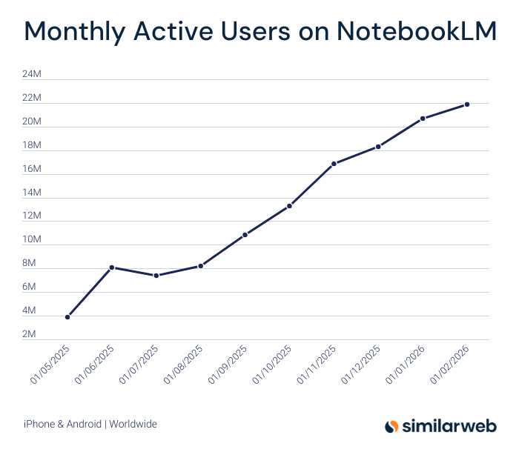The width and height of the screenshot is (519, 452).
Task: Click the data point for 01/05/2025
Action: click(x=67, y=317)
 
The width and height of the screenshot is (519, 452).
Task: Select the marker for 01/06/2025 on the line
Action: click(x=112, y=267)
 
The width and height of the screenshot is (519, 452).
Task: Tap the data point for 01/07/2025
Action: click(x=156, y=276)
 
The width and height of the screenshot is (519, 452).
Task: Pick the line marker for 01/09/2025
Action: click(x=245, y=235)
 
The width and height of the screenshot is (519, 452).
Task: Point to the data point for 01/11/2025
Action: click(x=334, y=164)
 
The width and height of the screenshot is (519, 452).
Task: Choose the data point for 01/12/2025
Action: click(x=378, y=147)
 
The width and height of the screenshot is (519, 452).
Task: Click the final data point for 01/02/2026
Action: click(x=467, y=104)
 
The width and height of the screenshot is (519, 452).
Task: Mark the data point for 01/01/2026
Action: click(x=423, y=119)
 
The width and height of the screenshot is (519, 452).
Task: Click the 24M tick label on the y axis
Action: click(x=32, y=74)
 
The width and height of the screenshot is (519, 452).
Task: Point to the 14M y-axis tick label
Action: click(x=32, y=193)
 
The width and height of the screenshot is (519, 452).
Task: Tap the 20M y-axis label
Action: click(x=32, y=122)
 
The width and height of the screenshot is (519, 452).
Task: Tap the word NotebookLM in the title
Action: click(x=416, y=32)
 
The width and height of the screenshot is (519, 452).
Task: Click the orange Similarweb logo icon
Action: click(x=391, y=426)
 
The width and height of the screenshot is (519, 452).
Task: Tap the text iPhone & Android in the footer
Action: click(x=62, y=425)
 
